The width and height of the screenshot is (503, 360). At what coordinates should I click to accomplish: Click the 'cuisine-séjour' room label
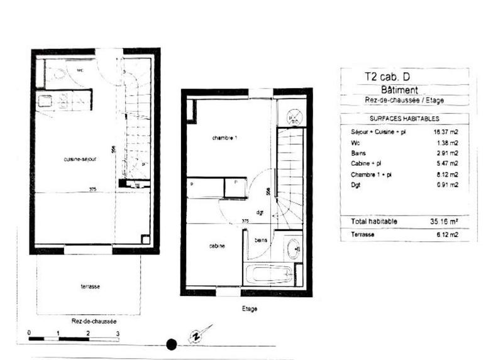79,160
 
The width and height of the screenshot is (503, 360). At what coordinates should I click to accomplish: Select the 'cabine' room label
218,246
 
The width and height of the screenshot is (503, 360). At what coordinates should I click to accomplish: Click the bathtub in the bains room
268,275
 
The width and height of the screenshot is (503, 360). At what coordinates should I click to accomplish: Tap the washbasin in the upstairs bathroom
293,250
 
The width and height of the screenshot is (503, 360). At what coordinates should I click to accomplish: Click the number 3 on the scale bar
118,332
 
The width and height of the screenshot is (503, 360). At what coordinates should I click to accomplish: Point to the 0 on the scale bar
30,332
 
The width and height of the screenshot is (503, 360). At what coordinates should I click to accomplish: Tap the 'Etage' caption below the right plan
249,309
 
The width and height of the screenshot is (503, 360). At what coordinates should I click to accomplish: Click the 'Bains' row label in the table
358,153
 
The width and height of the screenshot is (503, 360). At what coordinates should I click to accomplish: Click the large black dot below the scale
171,344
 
